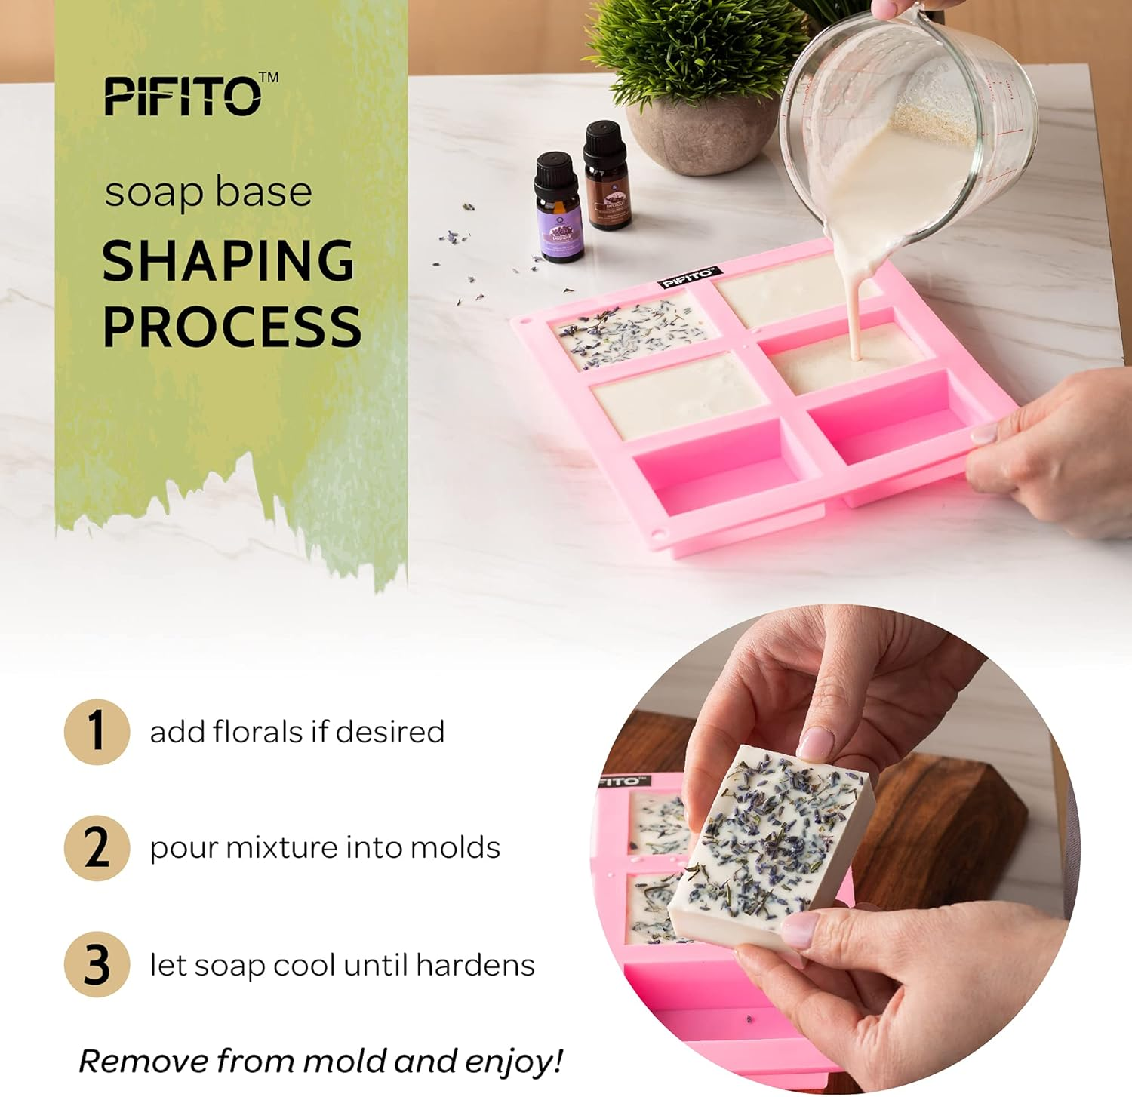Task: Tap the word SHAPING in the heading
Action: tap(228, 261)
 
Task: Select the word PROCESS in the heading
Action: tap(232, 326)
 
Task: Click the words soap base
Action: tap(208, 192)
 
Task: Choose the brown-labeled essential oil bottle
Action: tap(608, 177)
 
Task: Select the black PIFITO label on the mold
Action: tap(690, 278)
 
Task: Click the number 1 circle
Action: tap(97, 732)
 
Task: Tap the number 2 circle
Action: tap(97, 848)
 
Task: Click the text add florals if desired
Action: tap(297, 732)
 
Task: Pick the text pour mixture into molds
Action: tap(325, 848)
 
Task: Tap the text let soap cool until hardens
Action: tap(342, 965)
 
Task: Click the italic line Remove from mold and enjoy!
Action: tap(321, 1061)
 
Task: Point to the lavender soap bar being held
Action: tap(770, 845)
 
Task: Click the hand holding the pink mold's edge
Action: tap(1049, 453)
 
